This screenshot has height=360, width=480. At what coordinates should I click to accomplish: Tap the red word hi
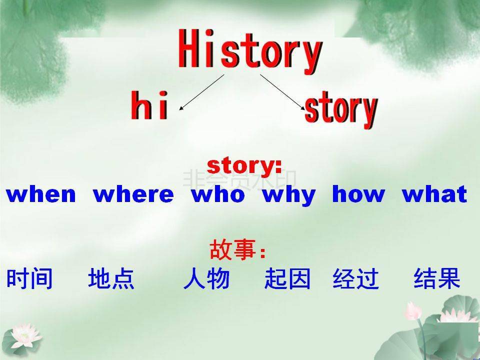click(149, 105)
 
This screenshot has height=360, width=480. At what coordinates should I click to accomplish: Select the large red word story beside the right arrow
click(341, 109)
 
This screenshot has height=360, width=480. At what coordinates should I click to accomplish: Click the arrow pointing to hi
click(201, 92)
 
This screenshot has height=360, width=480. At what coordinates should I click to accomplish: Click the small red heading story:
click(244, 166)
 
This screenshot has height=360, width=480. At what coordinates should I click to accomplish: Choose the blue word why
click(288, 196)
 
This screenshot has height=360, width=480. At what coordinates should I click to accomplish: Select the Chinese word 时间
click(29, 278)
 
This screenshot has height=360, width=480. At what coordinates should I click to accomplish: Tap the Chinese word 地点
click(111, 278)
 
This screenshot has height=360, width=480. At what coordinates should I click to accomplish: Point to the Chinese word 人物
click(206, 278)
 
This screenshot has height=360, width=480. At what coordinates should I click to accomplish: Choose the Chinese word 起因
click(287, 278)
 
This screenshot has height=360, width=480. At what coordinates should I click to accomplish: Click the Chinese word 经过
click(355, 278)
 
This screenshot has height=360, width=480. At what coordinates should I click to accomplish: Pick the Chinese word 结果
click(437, 278)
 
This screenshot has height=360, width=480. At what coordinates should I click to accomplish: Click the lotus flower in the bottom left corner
click(25, 336)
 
